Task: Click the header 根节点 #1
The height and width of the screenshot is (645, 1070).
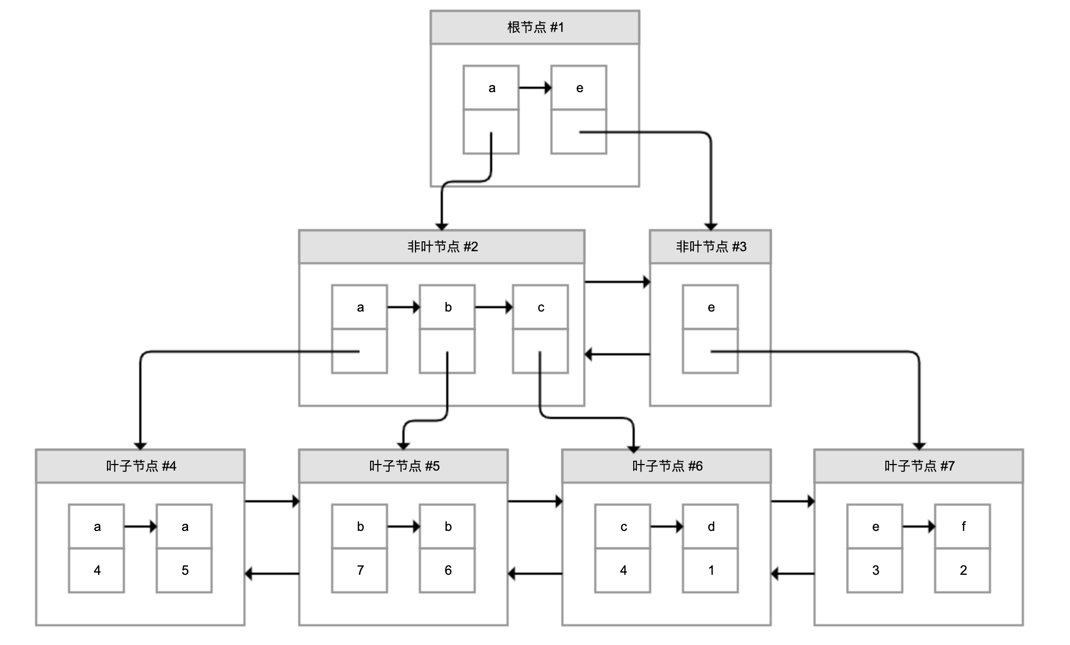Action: click(534, 27)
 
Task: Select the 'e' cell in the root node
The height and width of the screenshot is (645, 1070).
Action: click(579, 88)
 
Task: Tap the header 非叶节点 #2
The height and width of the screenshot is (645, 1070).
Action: click(442, 247)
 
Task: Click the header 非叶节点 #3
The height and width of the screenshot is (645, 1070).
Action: click(710, 247)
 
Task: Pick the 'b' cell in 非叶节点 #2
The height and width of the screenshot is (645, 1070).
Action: click(447, 307)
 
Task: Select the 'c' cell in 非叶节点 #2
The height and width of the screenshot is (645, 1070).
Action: click(540, 307)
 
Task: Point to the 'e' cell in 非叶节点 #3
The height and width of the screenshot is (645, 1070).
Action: click(710, 307)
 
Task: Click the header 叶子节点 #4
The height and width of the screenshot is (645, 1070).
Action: click(140, 466)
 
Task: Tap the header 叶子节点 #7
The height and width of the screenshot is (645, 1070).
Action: click(919, 466)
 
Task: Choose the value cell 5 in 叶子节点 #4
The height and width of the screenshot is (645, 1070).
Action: click(184, 570)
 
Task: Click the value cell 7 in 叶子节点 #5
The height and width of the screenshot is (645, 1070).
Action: click(360, 570)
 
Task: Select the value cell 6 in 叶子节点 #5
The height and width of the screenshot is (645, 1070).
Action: click(447, 570)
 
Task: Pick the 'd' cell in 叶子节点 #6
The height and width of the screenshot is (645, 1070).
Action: click(710, 527)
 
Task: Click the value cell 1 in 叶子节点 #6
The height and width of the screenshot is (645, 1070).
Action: click(710, 570)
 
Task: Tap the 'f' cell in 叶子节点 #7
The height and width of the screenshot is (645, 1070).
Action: click(963, 527)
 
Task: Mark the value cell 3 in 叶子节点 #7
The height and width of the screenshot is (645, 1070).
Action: click(875, 570)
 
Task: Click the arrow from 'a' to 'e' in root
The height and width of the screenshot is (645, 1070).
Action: click(534, 88)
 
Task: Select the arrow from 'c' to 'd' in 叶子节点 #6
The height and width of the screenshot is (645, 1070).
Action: click(666, 527)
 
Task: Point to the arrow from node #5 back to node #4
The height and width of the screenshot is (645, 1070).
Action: click(272, 574)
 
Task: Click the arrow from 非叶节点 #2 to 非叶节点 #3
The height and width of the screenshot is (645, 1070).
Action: click(617, 282)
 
